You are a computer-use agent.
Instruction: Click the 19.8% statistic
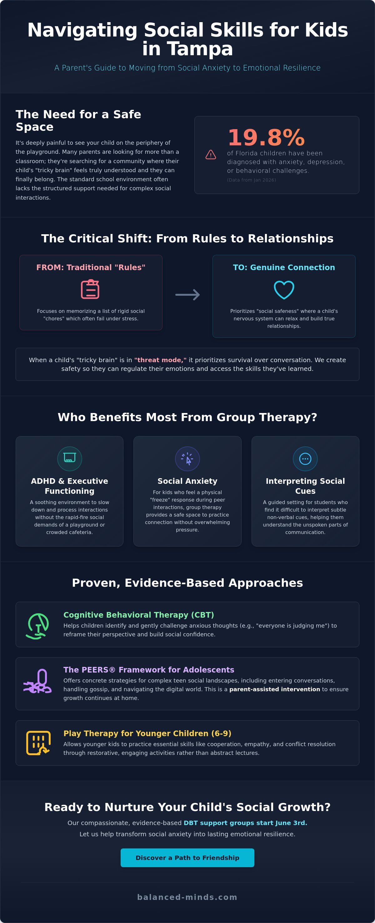[266, 137]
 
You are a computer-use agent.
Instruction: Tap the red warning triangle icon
[211, 154]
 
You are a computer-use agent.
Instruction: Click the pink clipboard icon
[90, 289]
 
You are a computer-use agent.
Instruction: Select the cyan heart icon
[284, 289]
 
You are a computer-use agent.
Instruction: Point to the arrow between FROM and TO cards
[187, 294]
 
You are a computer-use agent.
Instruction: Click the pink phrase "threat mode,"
[160, 360]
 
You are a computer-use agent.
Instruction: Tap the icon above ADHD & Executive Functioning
[70, 459]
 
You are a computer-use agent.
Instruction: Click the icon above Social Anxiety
[187, 459]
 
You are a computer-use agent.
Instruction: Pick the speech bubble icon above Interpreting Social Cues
[305, 459]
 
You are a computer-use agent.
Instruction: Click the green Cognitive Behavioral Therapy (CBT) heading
[138, 615]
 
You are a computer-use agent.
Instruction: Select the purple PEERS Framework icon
[38, 682]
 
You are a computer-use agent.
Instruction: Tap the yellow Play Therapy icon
[38, 743]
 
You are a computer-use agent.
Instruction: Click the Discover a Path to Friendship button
[187, 858]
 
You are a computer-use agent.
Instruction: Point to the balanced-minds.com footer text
[187, 897]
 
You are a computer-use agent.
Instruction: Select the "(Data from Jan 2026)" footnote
[252, 180]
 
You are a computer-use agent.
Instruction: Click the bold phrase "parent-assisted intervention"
[274, 689]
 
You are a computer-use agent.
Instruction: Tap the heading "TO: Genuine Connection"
[284, 267]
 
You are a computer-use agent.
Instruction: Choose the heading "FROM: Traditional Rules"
[91, 267]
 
